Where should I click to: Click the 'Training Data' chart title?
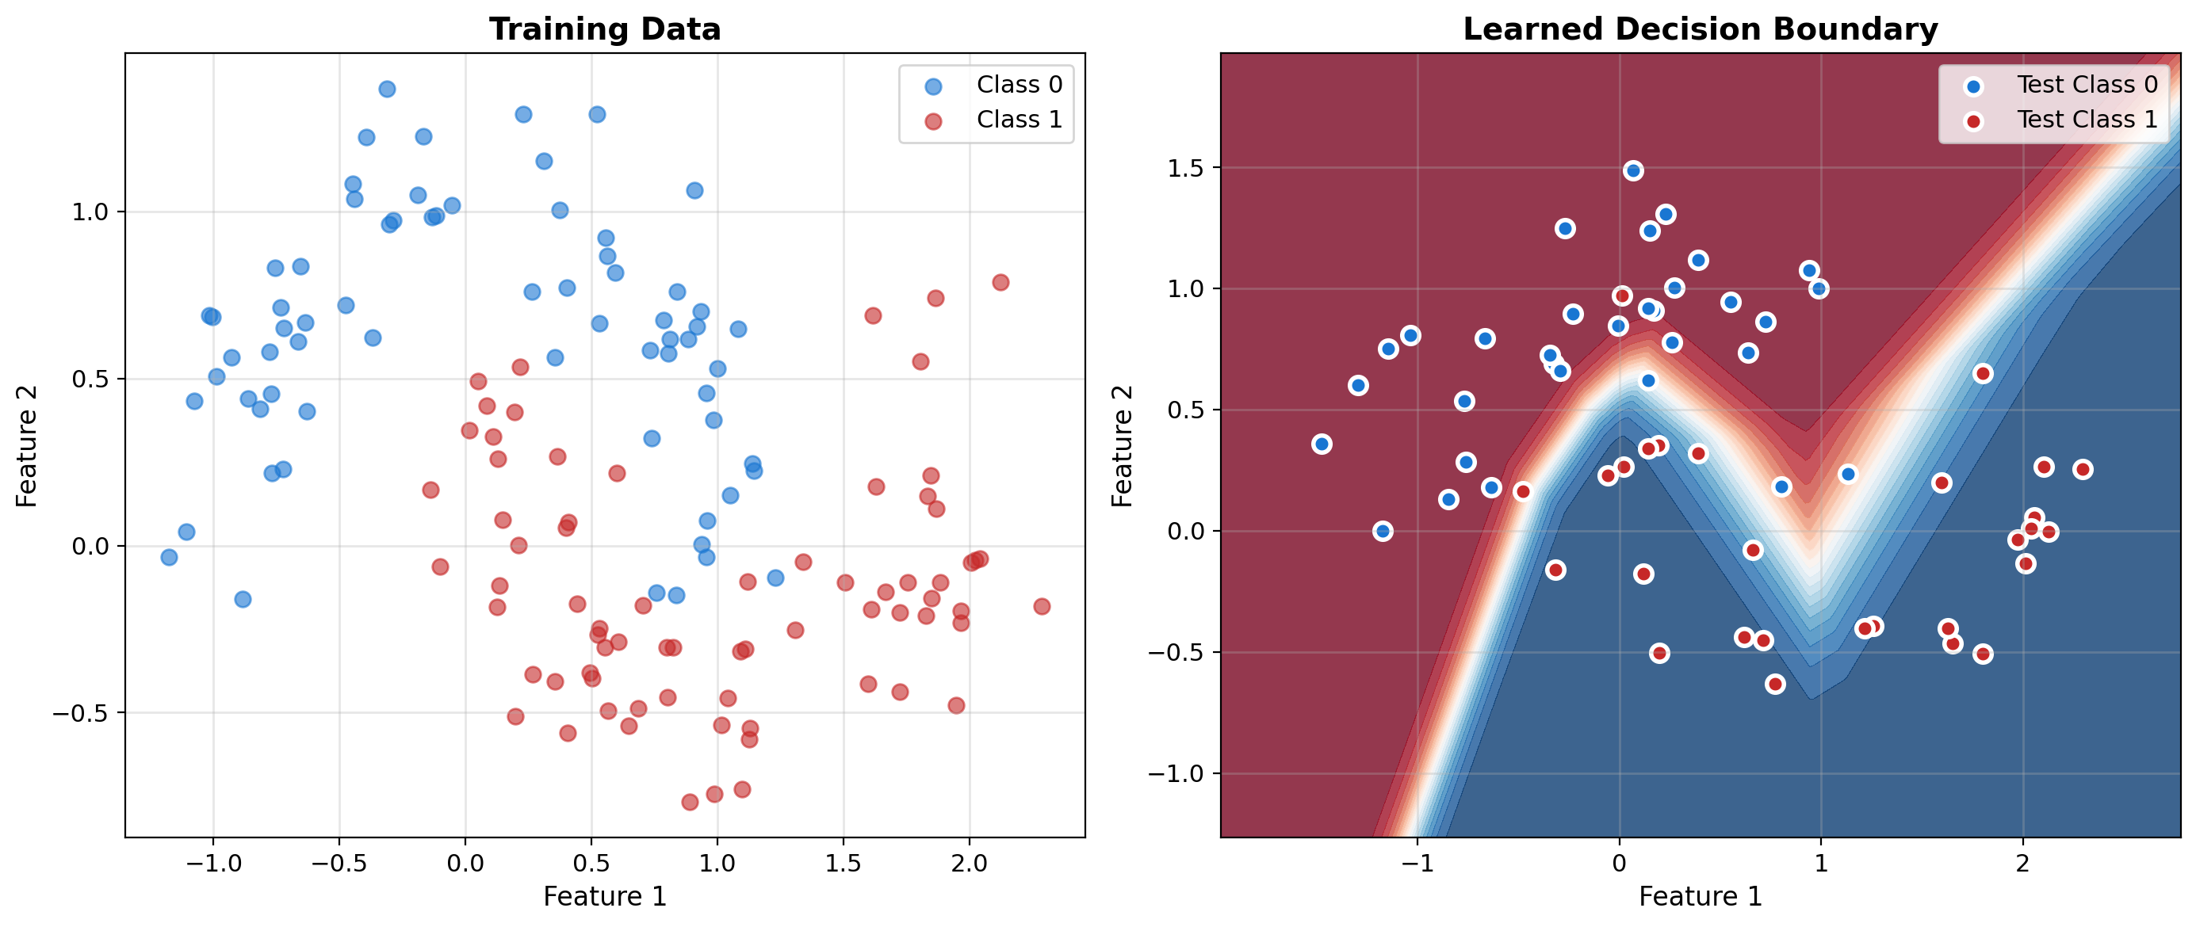click(604, 29)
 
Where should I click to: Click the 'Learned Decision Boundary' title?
click(1700, 29)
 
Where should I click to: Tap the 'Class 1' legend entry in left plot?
click(1019, 120)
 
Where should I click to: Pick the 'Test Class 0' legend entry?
click(2086, 84)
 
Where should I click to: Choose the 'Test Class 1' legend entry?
click(2086, 120)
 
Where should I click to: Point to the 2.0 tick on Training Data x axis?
click(970, 864)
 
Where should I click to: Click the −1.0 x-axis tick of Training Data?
click(213, 864)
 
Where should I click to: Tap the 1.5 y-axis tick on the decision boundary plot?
click(1186, 168)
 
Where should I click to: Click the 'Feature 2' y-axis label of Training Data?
click(27, 445)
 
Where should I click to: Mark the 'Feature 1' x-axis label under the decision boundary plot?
click(1700, 896)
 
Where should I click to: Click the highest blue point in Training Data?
click(387, 89)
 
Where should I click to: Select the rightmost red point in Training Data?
click(1041, 607)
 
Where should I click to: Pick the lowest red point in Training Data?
click(690, 802)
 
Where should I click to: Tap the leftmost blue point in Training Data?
click(169, 557)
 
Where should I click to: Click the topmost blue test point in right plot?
click(1633, 171)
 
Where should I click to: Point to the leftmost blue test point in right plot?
click(1322, 444)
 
